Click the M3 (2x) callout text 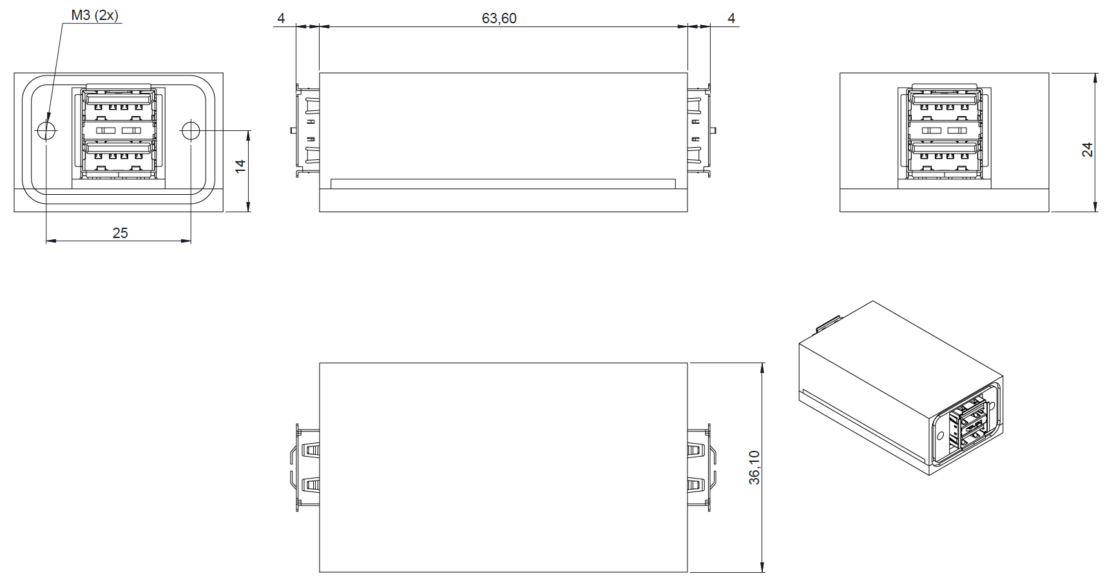coord(94,15)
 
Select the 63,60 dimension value coord(499,19)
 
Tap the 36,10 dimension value coord(754,468)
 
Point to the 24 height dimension coord(1087,150)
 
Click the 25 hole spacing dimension coord(120,233)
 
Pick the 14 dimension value coord(240,166)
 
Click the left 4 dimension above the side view coord(281,19)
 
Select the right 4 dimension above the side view coord(731,19)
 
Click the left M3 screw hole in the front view coord(46,131)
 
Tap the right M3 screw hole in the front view coord(191,131)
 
